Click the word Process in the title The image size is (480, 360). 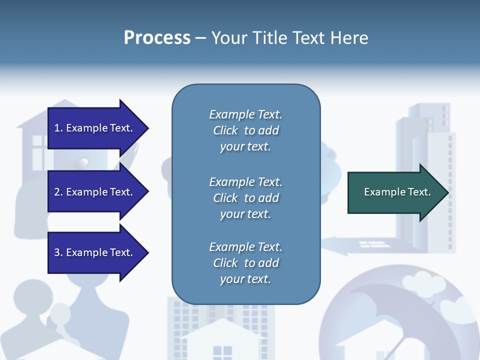[x=157, y=38]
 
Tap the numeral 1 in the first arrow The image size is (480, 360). [x=57, y=128]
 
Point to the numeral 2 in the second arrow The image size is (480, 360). [x=57, y=192]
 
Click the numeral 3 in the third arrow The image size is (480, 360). [x=57, y=252]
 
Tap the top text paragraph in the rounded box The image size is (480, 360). [x=245, y=130]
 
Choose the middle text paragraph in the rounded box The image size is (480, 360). [x=245, y=198]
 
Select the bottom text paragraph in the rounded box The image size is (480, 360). [x=245, y=263]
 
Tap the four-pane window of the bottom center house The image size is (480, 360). [x=222, y=352]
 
